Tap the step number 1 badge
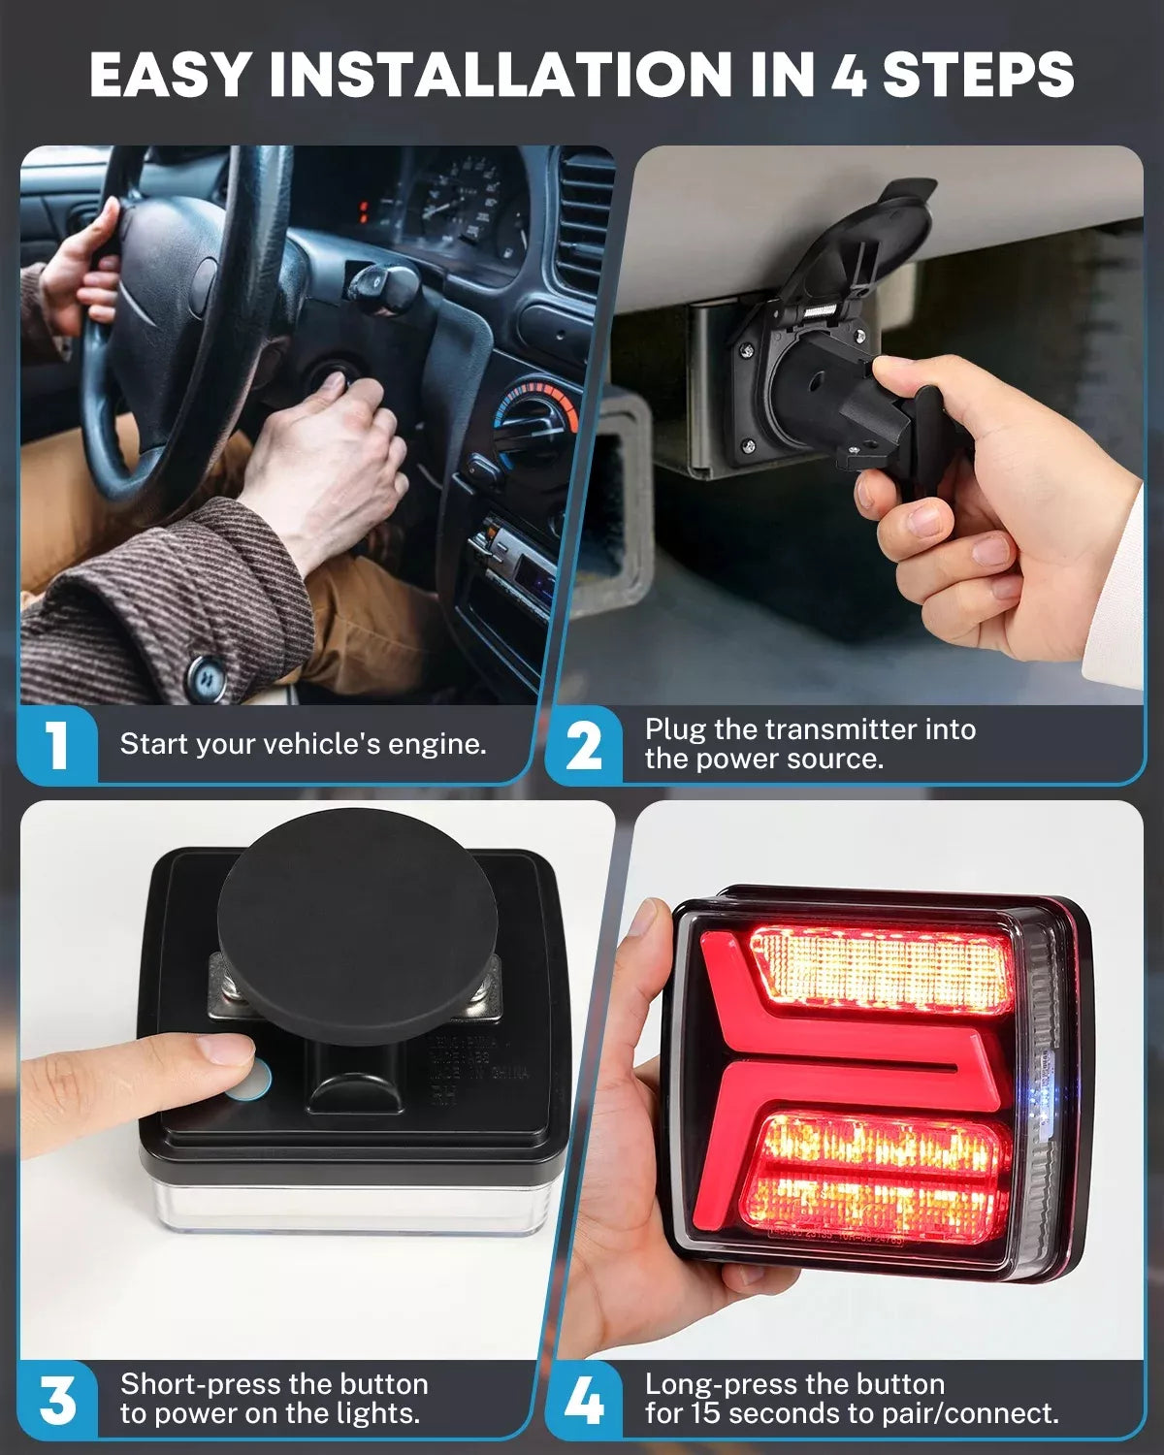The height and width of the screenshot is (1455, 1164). pos(57,745)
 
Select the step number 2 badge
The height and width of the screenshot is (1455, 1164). pos(583,745)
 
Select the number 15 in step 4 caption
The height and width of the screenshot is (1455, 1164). pos(707,1414)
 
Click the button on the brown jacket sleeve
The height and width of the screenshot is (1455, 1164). pos(206,676)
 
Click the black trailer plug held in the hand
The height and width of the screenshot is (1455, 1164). pos(873,417)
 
